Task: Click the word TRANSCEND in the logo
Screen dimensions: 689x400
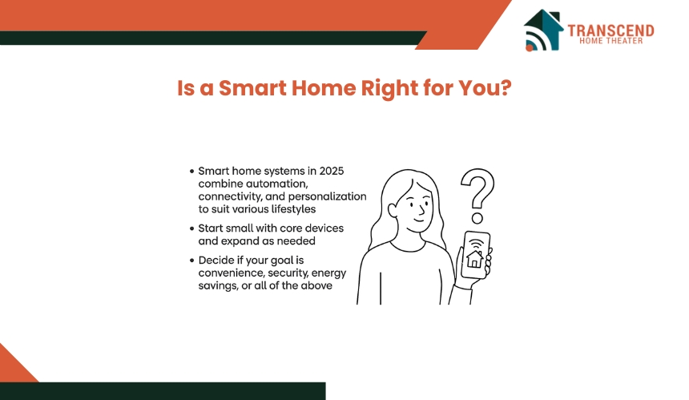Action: (x=610, y=30)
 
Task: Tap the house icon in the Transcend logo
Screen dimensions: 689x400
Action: (x=543, y=30)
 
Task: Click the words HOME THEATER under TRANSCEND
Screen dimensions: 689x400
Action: (x=610, y=41)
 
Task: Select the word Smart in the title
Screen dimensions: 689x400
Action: (x=252, y=88)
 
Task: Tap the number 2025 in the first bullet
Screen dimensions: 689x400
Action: (x=332, y=171)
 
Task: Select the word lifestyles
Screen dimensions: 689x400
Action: (x=293, y=209)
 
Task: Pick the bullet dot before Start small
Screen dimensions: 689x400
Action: (x=191, y=228)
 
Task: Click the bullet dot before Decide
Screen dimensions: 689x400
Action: (x=191, y=261)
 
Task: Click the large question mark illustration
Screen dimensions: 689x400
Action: (x=477, y=196)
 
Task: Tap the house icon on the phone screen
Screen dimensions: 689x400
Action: (x=474, y=259)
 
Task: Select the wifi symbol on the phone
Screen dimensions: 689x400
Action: (x=476, y=244)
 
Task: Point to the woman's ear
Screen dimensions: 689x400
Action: (x=393, y=210)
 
